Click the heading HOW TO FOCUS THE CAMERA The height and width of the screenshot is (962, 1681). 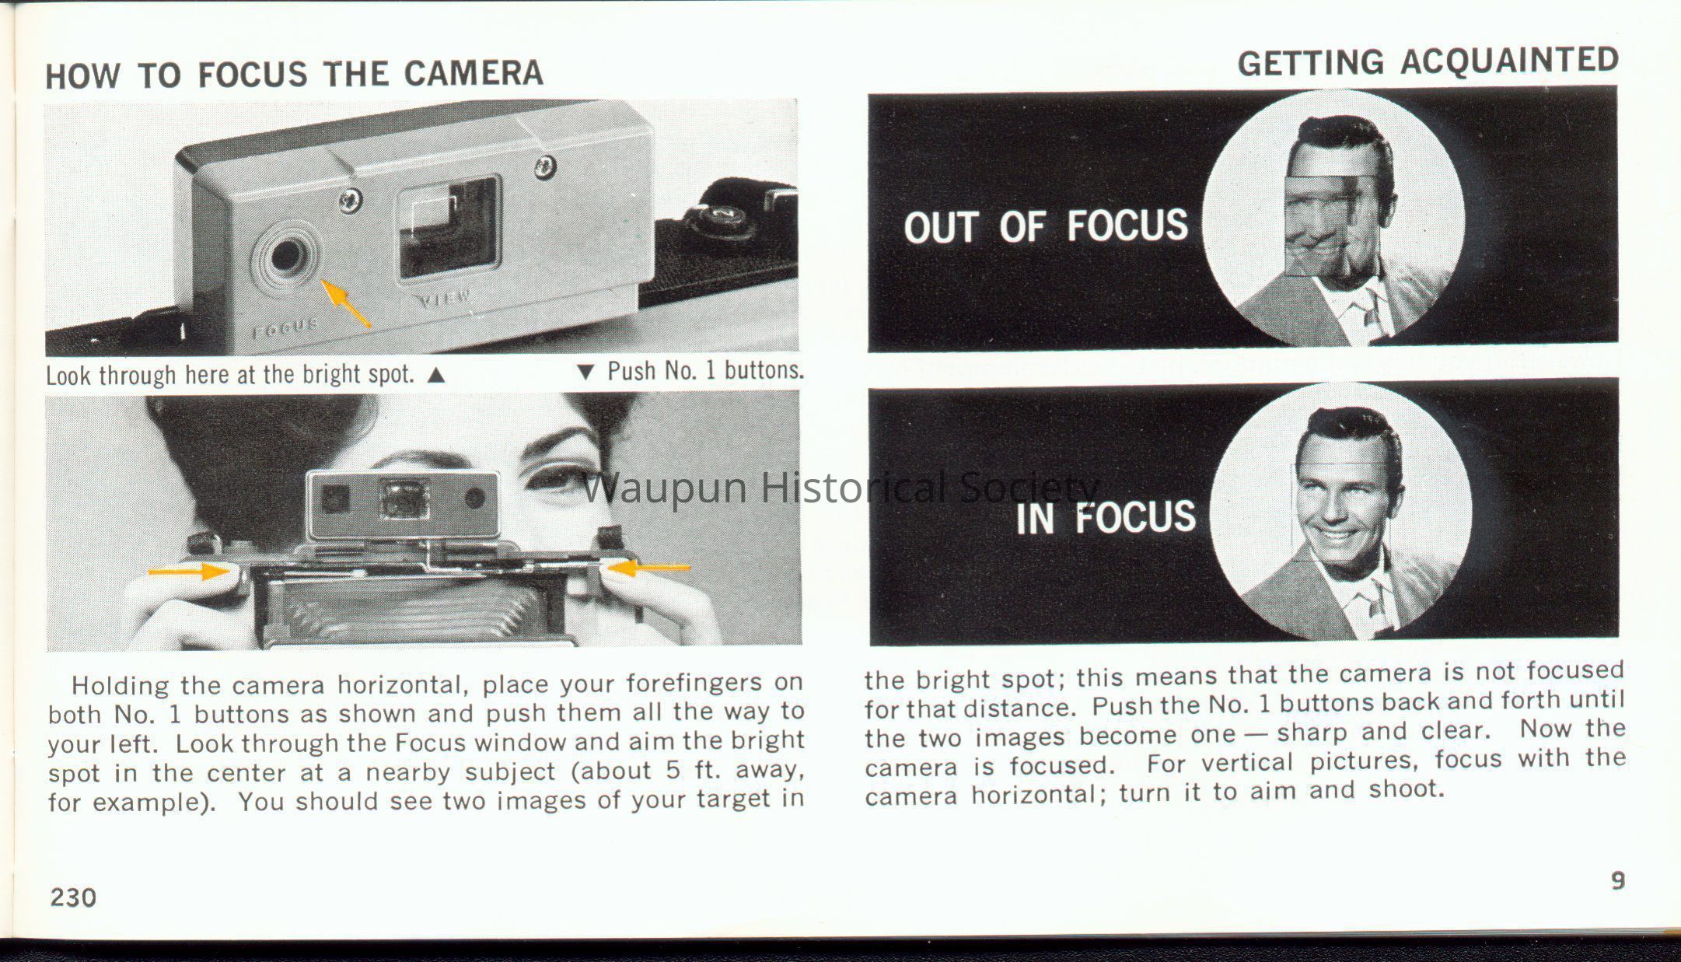(x=294, y=74)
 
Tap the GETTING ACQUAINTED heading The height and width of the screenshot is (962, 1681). (x=1428, y=61)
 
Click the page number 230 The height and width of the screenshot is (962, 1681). (x=73, y=897)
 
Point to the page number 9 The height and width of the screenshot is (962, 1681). (x=1617, y=881)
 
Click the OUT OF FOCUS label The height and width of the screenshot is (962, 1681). (x=1046, y=226)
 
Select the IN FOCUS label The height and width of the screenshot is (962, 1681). (x=1106, y=517)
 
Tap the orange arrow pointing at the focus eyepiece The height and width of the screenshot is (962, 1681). (x=346, y=303)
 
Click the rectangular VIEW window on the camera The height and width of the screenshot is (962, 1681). (x=449, y=226)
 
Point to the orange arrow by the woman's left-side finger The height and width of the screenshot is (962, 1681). (x=188, y=572)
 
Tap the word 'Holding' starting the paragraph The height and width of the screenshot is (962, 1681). (x=121, y=686)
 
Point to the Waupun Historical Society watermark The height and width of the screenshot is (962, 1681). (x=840, y=488)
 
